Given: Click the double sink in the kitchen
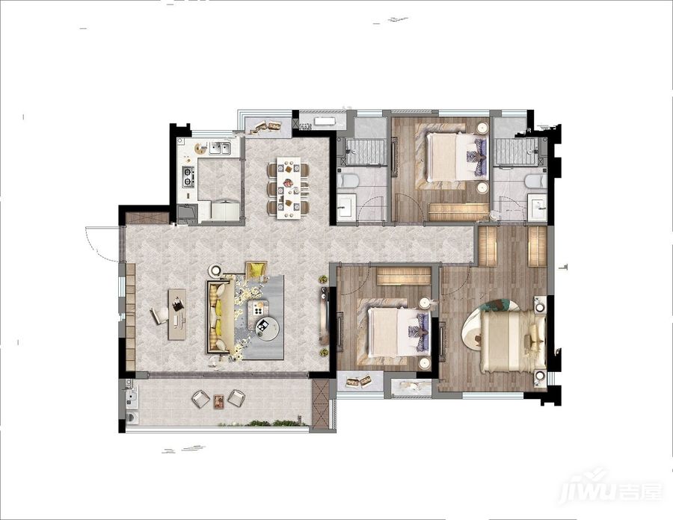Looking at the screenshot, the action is click(220, 149).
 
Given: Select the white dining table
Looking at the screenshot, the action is click(289, 188).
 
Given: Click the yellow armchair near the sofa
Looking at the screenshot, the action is click(256, 270).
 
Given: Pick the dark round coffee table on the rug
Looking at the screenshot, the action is click(268, 329).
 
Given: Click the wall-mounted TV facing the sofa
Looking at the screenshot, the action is click(324, 315).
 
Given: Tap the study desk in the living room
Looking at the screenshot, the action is click(176, 315).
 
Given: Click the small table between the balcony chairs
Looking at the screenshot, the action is click(219, 400).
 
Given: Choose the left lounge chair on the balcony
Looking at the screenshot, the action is click(199, 398).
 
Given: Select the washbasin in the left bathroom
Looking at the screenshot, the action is click(346, 207).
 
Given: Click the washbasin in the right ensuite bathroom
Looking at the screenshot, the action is click(537, 208).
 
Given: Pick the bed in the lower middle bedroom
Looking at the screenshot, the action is click(399, 332).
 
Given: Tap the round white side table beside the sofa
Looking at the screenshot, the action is click(215, 270).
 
